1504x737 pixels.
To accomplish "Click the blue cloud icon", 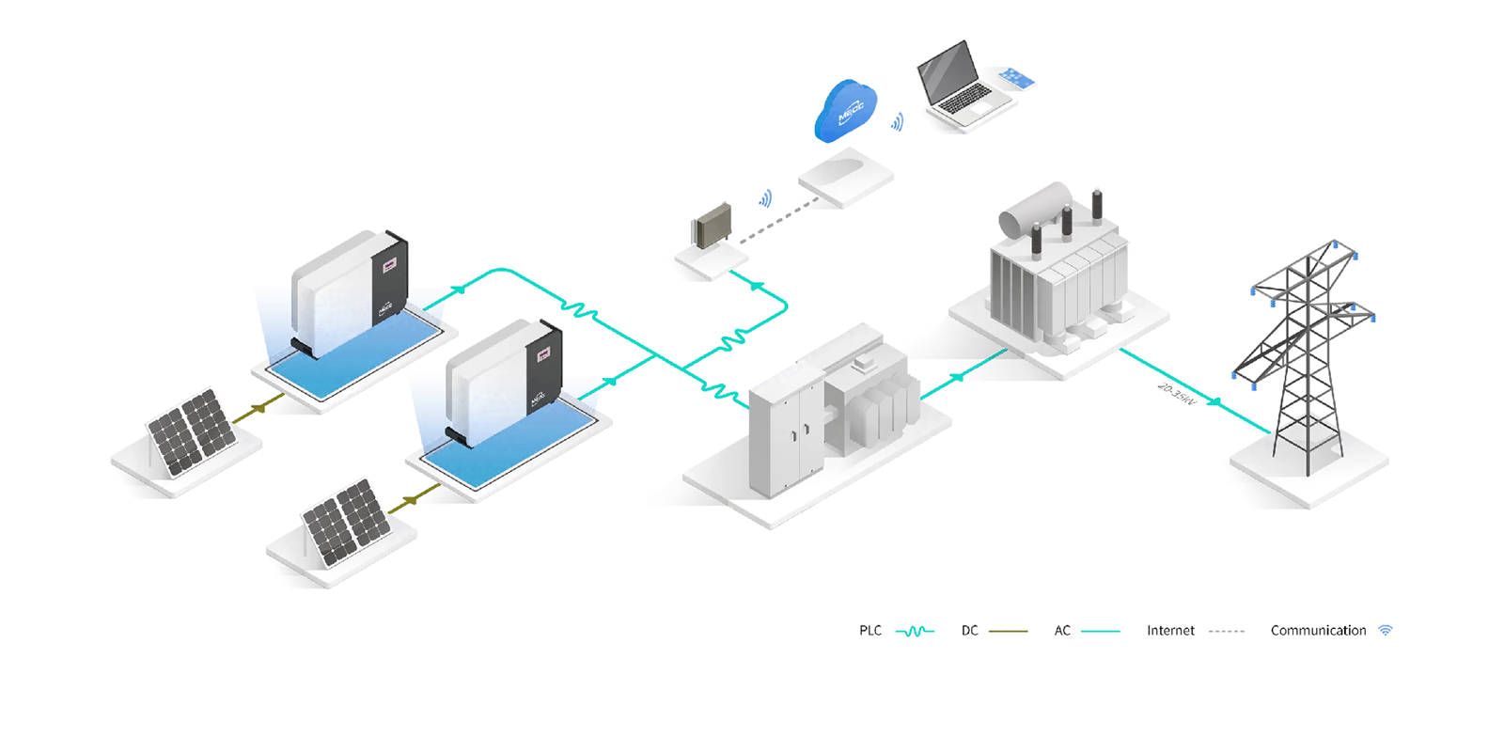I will coord(845,111).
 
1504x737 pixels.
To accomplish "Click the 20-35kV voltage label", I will coord(1175,394).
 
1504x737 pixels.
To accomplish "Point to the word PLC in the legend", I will coord(870,631).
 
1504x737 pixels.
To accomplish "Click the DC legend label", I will coord(969,631).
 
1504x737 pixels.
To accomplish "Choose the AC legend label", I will coord(1062,631).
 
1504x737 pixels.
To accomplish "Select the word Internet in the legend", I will coord(1170,631).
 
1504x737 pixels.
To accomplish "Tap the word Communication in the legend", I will coord(1318,631).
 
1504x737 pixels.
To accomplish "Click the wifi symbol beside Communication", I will coord(1385,631).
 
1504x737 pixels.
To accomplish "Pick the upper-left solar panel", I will coord(192,431).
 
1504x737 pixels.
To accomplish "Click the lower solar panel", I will coord(347,522).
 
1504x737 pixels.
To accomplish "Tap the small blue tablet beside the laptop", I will coord(1016,77).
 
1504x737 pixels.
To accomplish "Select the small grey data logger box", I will coord(712,226).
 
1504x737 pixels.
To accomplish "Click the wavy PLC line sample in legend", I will coord(915,631).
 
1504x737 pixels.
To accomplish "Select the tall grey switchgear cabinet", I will coord(786,432).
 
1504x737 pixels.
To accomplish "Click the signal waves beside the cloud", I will coord(898,121).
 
